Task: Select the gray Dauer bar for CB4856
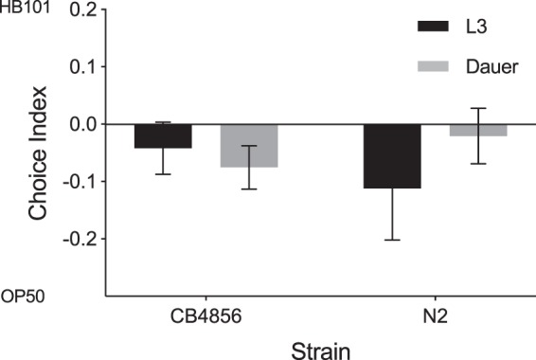click(x=249, y=146)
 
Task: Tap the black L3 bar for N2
click(x=392, y=156)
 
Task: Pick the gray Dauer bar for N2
click(x=478, y=130)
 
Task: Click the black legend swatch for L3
click(x=438, y=27)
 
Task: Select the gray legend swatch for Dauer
click(x=438, y=67)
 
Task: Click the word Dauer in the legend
click(x=493, y=67)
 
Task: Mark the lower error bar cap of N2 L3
click(x=392, y=241)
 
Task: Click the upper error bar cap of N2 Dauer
click(x=478, y=108)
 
